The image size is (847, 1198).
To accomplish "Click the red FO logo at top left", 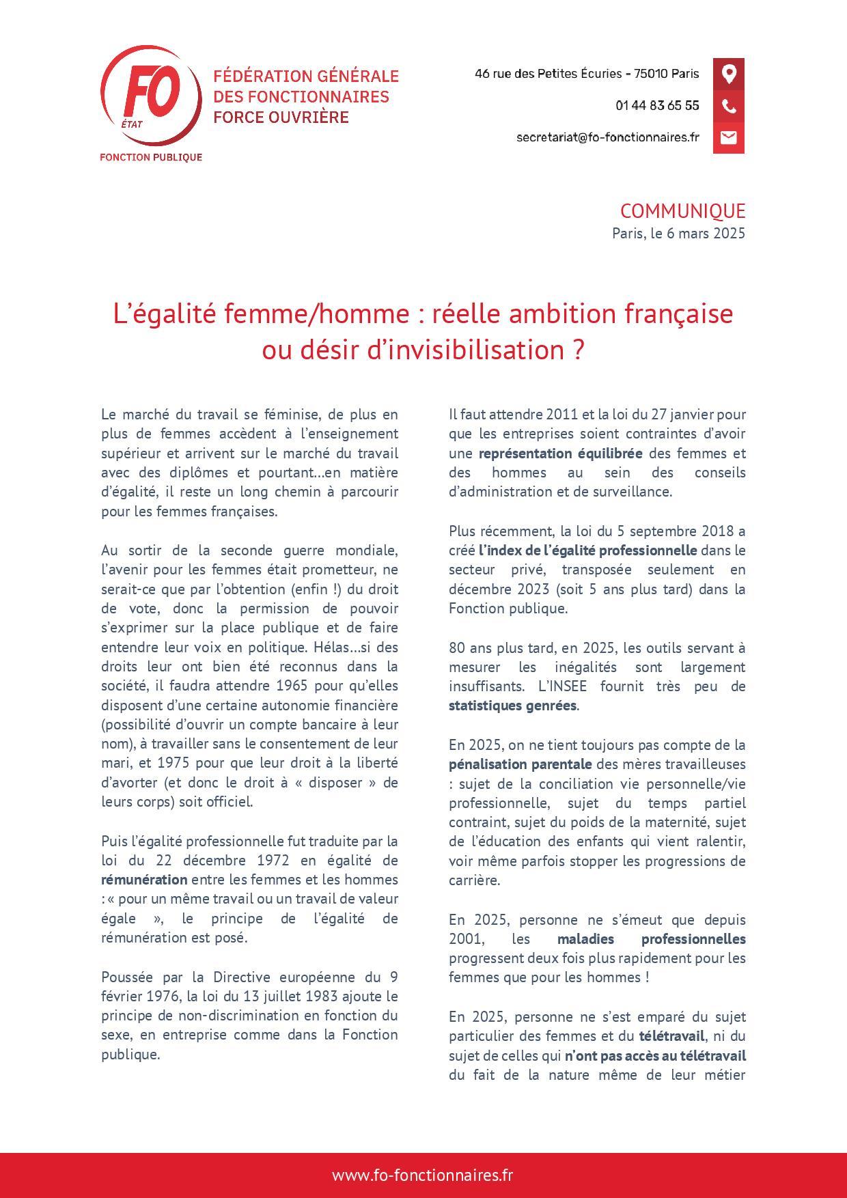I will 150,96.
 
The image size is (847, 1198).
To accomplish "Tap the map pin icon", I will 729,74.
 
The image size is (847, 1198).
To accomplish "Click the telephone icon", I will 729,106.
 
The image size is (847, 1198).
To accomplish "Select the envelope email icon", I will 729,137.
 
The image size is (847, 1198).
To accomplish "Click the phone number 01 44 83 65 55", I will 657,106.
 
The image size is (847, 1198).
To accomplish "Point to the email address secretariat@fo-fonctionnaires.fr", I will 607,137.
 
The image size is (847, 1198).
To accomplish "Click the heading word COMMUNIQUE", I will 682,211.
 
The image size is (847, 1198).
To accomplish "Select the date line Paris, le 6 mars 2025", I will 678,233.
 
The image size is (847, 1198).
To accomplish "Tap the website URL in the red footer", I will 423,1175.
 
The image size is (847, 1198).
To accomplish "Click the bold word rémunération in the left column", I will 144,880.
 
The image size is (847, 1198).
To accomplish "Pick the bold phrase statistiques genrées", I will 512,706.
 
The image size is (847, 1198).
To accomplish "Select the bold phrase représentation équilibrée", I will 560,454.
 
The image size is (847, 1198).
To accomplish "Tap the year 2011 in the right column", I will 560,415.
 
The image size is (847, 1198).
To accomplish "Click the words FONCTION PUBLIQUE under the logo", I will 150,157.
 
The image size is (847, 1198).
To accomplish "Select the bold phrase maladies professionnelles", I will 651,939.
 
